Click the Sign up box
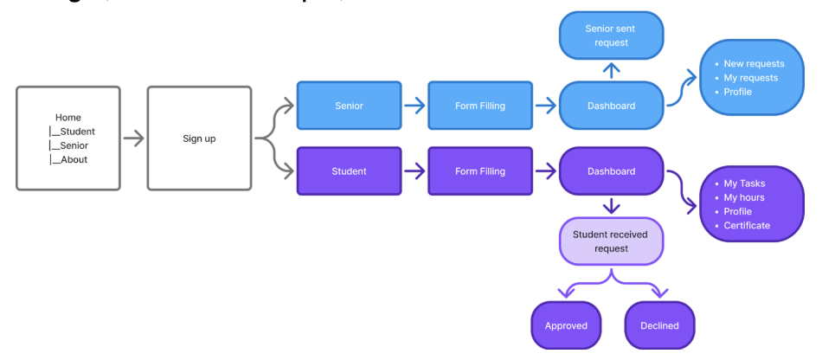point(199,138)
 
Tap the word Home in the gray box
point(68,118)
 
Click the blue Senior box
point(349,106)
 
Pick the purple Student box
point(349,171)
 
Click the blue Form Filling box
point(480,106)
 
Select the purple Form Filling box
point(480,171)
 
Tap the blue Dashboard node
point(611,106)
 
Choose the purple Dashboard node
point(611,171)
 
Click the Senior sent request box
point(611,35)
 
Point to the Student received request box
point(611,241)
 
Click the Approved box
point(566,325)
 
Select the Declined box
point(659,325)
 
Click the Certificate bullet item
point(747,226)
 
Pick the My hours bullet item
point(745,197)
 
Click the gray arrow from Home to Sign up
point(133,138)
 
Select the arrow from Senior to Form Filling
point(414,106)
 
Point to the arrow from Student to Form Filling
point(414,171)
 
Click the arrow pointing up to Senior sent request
point(611,70)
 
